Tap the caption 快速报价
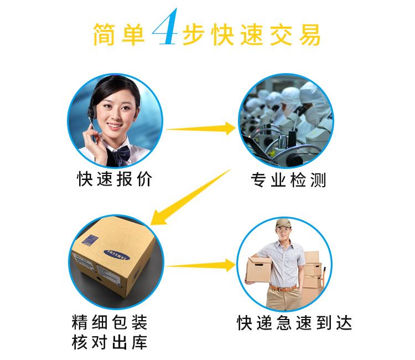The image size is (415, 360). coord(115,179)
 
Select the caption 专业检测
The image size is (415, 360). coord(288,180)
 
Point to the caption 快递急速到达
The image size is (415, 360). coord(294,323)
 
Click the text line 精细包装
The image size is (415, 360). coord(110,322)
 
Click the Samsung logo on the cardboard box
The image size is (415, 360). coord(116,255)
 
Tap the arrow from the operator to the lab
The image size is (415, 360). coord(201,128)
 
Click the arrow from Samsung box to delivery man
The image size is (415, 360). coord(201,265)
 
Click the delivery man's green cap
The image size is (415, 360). coord(283,223)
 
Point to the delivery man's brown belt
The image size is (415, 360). coord(283,288)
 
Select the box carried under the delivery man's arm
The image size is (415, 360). coord(258,270)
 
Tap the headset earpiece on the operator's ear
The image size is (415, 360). coord(91,112)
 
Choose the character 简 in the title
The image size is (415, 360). coord(104,34)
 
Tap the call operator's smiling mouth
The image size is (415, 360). coord(115,126)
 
